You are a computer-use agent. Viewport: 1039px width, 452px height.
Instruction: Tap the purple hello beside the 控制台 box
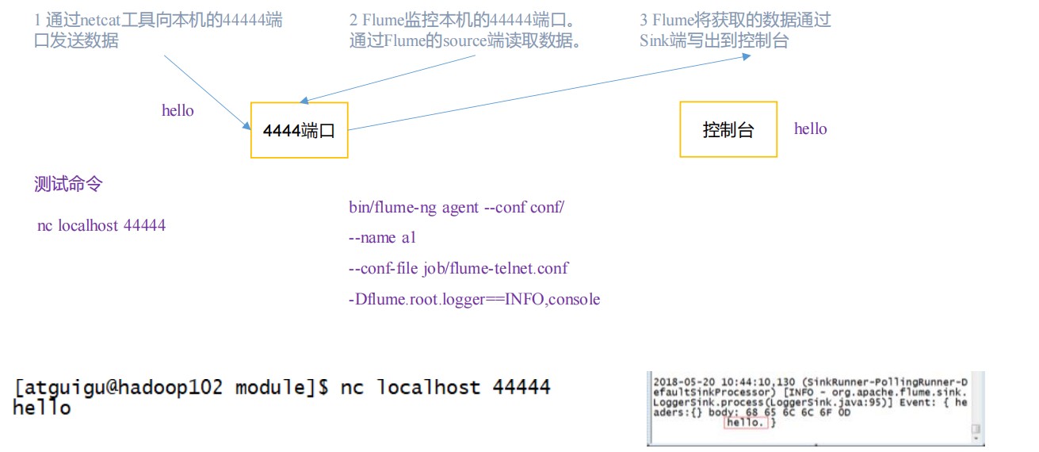pyautogui.click(x=810, y=128)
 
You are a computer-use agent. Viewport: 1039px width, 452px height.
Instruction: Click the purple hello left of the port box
pyautogui.click(x=178, y=110)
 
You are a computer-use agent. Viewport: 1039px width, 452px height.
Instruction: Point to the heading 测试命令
pyautogui.click(x=68, y=184)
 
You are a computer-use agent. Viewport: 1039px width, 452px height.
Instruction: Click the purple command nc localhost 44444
pyautogui.click(x=101, y=225)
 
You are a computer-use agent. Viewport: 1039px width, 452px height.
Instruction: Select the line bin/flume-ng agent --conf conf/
pyautogui.click(x=456, y=207)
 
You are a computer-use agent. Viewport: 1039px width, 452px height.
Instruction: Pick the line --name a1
pyautogui.click(x=382, y=238)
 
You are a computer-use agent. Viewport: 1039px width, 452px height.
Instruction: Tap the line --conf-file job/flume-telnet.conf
pyautogui.click(x=458, y=268)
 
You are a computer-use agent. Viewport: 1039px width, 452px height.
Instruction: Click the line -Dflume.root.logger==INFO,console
pyautogui.click(x=475, y=299)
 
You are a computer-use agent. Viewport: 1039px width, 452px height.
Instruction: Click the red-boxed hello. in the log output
pyautogui.click(x=745, y=423)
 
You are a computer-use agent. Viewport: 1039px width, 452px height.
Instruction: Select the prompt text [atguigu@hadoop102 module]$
pyautogui.click(x=171, y=387)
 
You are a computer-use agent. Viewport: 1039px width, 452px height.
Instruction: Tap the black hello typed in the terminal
pyautogui.click(x=42, y=408)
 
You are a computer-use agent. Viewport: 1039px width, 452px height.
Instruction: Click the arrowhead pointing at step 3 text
pyautogui.click(x=747, y=56)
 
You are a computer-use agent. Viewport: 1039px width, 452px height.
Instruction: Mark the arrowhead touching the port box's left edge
pyautogui.click(x=246, y=125)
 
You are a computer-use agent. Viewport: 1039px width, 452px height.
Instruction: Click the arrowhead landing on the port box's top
pyautogui.click(x=304, y=100)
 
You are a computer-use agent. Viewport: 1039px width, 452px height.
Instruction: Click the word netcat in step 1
pyautogui.click(x=100, y=21)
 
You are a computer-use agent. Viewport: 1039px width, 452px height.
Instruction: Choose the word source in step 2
pyautogui.click(x=464, y=41)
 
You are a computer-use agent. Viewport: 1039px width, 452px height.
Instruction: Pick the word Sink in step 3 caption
pyautogui.click(x=654, y=40)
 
